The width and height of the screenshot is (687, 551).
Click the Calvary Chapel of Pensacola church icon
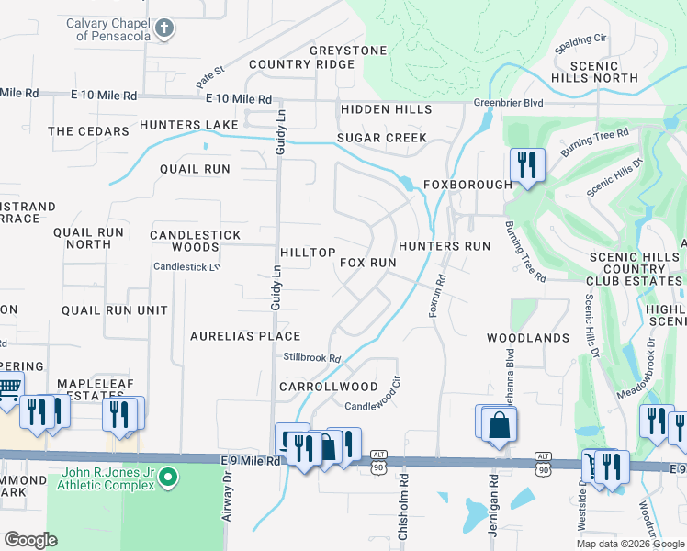164,28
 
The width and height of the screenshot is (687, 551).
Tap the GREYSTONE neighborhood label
348,50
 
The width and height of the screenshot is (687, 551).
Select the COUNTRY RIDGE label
301,64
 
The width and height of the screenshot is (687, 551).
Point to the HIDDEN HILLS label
386,109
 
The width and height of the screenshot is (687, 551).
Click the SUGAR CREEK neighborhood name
381,138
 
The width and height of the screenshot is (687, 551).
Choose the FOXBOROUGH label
467,185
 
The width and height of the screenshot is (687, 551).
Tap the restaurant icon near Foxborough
526,165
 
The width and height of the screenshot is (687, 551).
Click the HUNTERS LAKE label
189,124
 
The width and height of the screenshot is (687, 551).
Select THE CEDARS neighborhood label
88,131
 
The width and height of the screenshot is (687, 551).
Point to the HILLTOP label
308,252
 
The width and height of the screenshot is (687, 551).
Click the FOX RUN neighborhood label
367,263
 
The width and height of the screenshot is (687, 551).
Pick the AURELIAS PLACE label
245,336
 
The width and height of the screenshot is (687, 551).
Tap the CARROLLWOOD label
329,387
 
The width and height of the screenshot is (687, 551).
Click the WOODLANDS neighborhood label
528,338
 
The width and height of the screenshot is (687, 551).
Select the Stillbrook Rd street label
312,358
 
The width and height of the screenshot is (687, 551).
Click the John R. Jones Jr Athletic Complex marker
166,476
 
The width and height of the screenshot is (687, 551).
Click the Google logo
30,540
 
